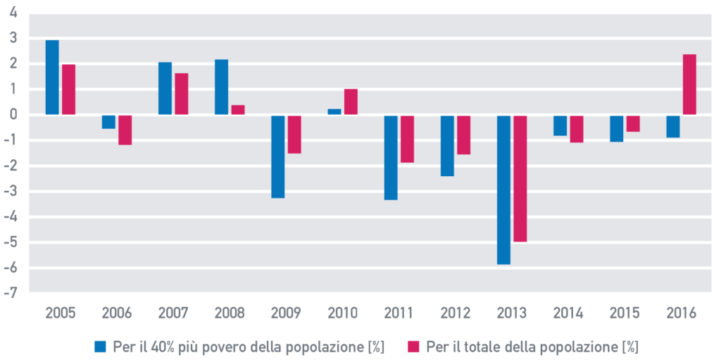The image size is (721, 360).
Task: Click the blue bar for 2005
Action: (x=52, y=77)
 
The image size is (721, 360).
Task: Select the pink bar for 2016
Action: (x=689, y=85)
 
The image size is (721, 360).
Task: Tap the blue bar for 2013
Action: (x=503, y=190)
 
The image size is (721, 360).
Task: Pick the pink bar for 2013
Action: (x=520, y=178)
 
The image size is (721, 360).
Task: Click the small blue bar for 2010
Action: (x=334, y=112)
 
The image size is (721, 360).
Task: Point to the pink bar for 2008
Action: (x=238, y=110)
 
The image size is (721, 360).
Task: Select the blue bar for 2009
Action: (x=278, y=156)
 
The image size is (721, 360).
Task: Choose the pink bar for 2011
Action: (x=407, y=139)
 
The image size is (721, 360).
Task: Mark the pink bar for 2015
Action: (x=633, y=123)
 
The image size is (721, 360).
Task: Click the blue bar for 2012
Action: (x=447, y=145)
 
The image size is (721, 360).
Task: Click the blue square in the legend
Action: (x=100, y=346)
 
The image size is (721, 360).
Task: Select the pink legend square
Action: (x=413, y=346)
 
